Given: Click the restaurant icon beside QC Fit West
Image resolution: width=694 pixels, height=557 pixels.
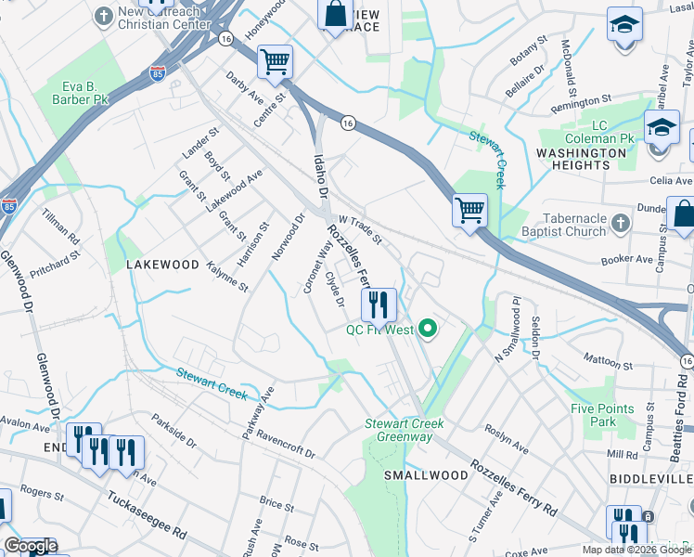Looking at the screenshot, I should (x=379, y=304).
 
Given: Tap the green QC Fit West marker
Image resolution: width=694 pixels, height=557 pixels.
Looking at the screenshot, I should (x=428, y=329).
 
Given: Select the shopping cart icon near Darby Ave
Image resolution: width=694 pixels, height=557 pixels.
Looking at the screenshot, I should (x=275, y=62).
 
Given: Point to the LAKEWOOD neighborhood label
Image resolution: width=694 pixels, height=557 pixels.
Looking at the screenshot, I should (x=162, y=265).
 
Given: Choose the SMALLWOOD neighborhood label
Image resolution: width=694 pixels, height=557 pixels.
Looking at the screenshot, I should (x=427, y=475).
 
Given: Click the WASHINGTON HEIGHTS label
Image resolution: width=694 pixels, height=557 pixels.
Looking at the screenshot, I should (x=582, y=159).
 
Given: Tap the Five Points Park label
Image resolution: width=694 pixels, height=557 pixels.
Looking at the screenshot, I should (x=603, y=415).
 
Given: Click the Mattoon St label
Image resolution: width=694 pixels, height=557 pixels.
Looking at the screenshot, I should (x=608, y=357).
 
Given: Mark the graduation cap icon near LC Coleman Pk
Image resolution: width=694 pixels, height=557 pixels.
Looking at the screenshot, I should (x=662, y=128).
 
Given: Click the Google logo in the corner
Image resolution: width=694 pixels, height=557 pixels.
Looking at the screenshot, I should (x=31, y=546).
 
